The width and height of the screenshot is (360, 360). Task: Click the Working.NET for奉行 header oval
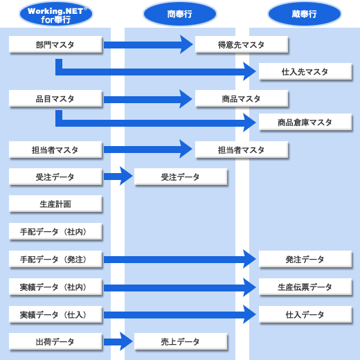56,14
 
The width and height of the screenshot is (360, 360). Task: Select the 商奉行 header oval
180,14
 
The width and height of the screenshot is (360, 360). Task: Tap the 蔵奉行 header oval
305,14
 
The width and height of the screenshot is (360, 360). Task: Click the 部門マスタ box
55,44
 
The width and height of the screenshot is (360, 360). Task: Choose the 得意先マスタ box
242,44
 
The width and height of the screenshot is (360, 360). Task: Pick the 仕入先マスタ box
305,71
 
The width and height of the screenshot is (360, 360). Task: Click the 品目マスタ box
55,98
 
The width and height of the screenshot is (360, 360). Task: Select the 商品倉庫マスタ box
305,122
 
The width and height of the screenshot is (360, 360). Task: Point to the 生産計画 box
55,204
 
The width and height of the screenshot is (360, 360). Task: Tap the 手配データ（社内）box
55,231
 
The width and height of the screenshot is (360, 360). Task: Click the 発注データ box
305,259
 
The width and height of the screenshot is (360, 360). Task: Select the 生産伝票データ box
305,287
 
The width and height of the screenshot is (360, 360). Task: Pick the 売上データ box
181,341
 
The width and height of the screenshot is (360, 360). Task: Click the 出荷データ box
55,341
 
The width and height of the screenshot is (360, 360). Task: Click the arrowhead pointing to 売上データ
126,341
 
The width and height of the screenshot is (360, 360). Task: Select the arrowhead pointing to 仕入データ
249,314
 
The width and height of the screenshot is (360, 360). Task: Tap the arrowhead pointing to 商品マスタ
186,99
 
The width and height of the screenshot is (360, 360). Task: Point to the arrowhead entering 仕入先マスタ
249,71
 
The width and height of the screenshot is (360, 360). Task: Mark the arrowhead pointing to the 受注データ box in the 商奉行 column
126,176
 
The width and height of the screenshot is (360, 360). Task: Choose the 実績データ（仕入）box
55,314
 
